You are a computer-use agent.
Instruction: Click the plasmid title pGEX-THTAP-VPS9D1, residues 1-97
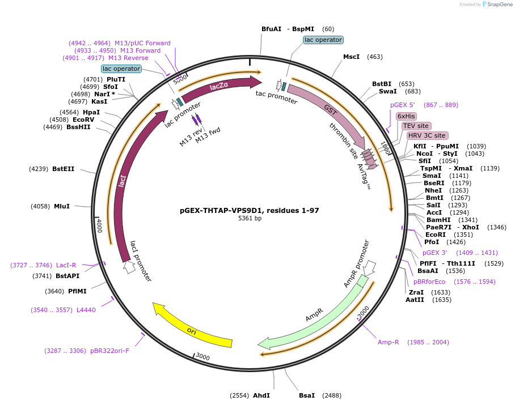(x=249, y=210)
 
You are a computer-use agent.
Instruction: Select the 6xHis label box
(x=406, y=116)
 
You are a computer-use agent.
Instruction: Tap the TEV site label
(x=416, y=126)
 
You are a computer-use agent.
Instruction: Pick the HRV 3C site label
(x=427, y=136)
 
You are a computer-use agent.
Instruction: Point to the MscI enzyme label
(x=352, y=57)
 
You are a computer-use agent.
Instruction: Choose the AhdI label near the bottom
(x=261, y=395)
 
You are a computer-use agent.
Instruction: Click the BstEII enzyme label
(x=64, y=169)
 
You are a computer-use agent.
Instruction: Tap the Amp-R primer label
(x=389, y=342)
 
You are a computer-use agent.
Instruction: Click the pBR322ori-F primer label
(x=109, y=351)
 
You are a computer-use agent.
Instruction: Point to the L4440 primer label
(x=86, y=310)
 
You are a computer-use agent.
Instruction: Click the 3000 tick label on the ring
(x=202, y=357)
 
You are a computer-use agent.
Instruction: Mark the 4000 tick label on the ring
(x=99, y=226)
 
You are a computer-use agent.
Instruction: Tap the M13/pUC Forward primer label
(x=142, y=43)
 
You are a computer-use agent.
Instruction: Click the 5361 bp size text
(x=250, y=218)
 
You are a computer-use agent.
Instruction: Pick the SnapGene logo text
(x=497, y=5)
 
